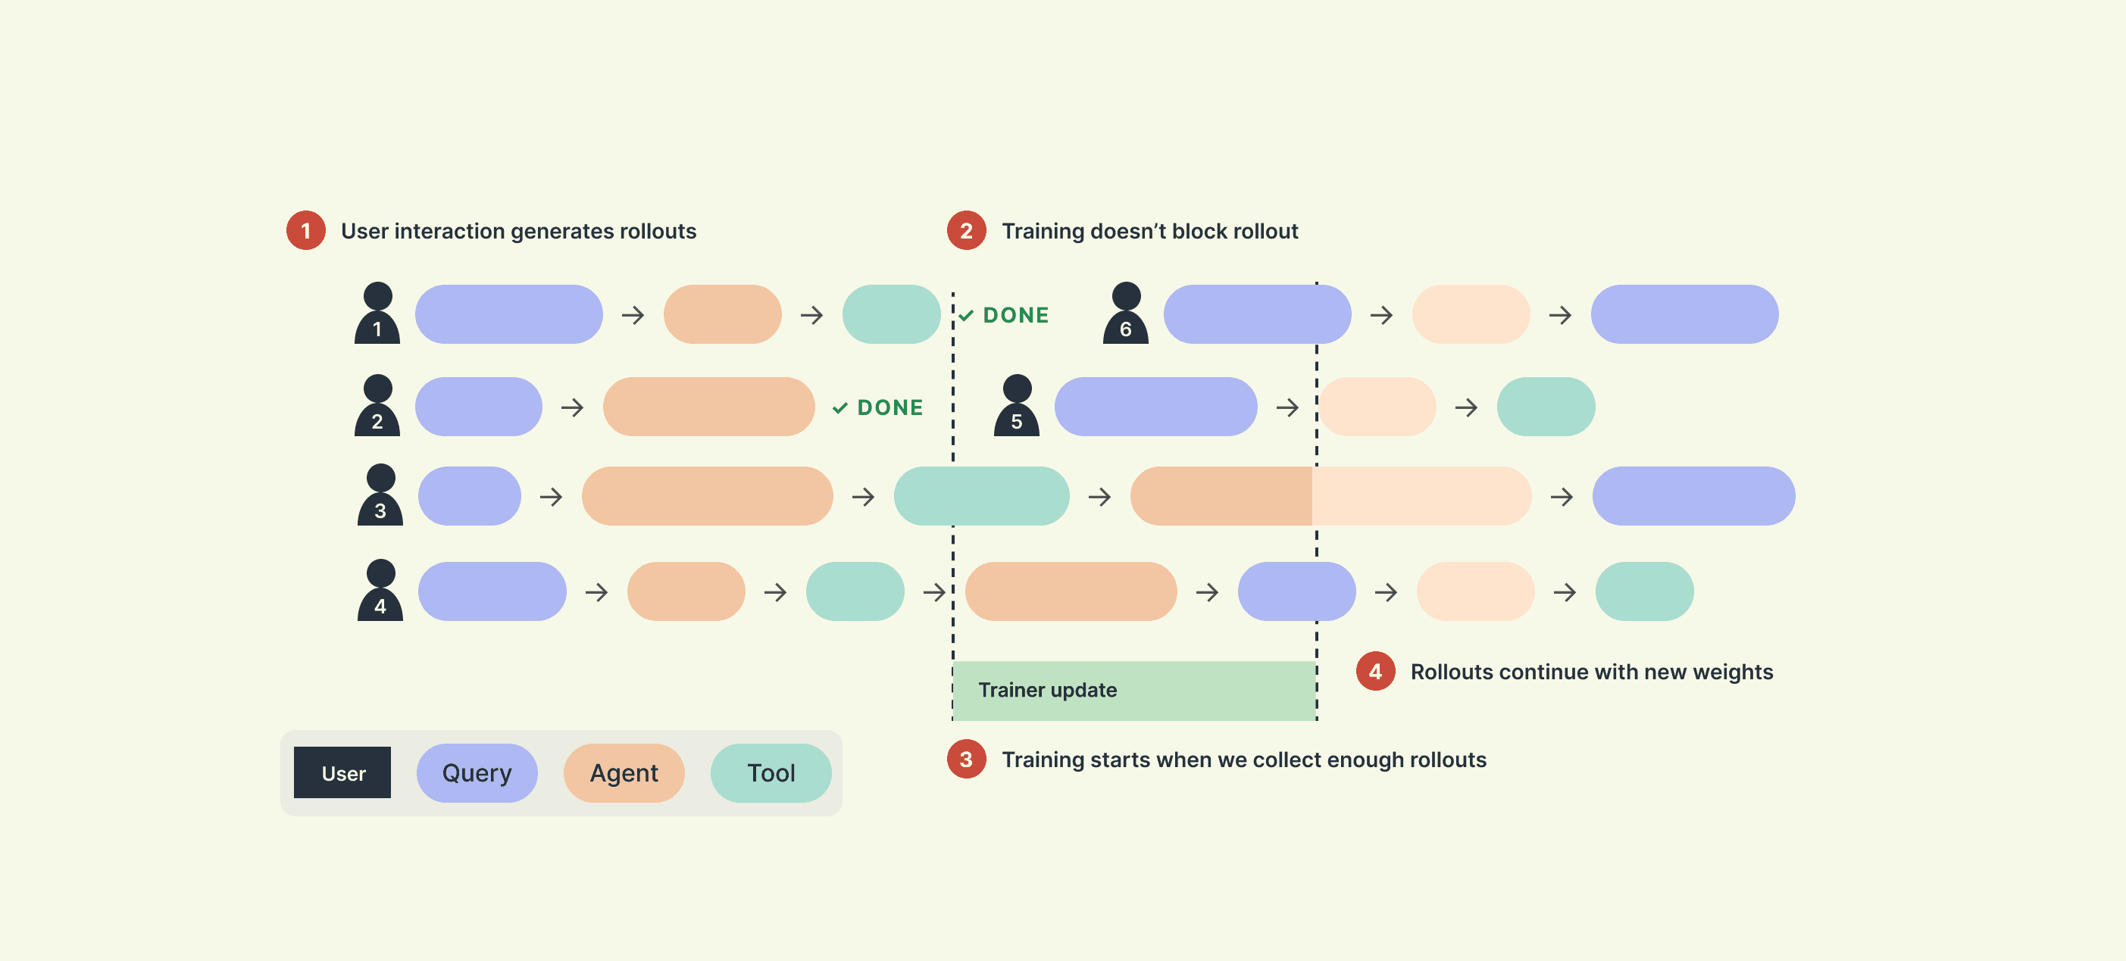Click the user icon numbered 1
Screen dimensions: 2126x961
pos(377,314)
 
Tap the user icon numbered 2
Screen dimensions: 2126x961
pos(377,406)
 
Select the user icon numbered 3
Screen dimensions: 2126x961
pos(380,495)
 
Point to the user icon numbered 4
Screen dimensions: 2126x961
pos(380,591)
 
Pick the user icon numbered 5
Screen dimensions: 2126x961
pos(1017,406)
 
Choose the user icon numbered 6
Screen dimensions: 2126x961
pos(1126,314)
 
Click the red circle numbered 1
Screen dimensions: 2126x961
pos(306,231)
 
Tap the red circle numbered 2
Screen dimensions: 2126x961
pos(967,231)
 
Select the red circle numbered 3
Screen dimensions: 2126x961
pos(967,760)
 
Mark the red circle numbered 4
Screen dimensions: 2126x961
pos(1376,672)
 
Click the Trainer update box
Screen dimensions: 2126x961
pos(1134,691)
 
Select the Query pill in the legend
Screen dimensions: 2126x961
pos(477,773)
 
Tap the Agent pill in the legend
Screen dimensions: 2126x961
pos(624,773)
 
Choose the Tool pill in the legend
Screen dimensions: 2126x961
pos(771,773)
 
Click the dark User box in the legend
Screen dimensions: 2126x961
pos(342,773)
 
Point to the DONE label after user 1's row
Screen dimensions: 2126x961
pos(1004,315)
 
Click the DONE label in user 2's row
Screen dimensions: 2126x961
pos(878,407)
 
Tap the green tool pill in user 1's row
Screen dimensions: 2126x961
pos(891,314)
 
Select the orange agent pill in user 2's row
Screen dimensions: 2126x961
pos(709,407)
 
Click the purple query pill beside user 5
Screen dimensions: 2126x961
pos(1156,407)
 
